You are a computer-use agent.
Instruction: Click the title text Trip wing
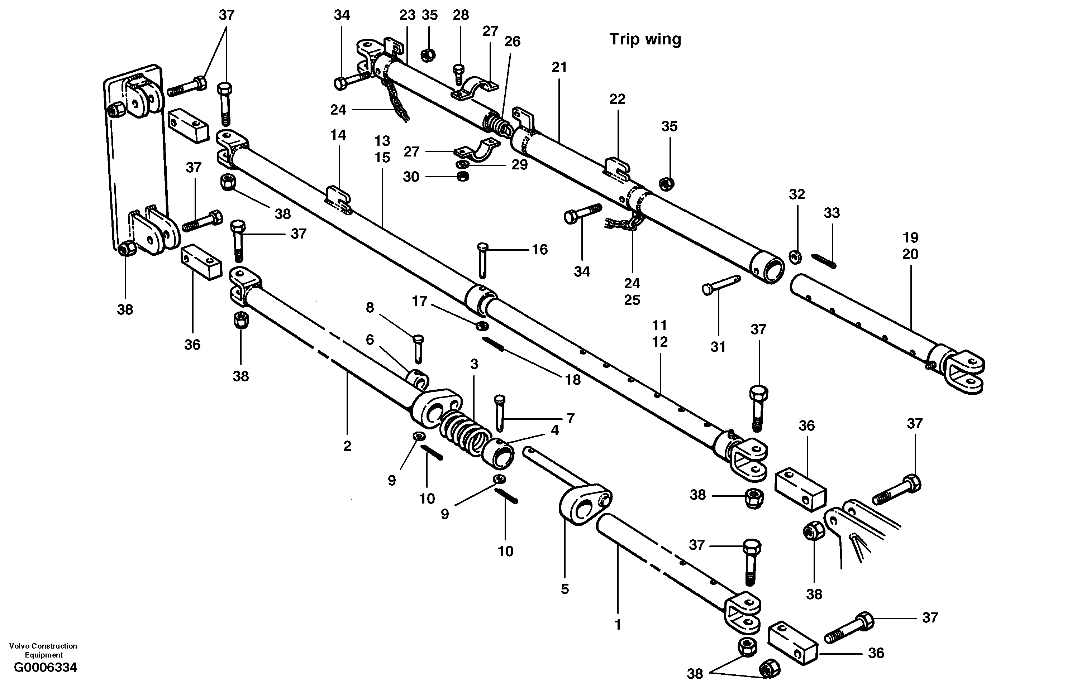645,39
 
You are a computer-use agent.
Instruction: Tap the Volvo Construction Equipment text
43,650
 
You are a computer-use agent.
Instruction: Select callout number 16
540,250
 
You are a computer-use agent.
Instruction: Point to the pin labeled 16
482,260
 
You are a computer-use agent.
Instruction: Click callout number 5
565,589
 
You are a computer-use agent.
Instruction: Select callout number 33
831,213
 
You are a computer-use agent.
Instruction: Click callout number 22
617,99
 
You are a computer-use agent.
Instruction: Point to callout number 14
338,135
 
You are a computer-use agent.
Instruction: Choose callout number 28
461,15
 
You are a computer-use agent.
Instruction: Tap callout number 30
411,177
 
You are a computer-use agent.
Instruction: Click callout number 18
572,380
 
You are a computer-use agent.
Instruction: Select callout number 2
347,446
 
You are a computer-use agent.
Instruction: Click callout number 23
407,15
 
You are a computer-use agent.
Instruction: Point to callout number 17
420,301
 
